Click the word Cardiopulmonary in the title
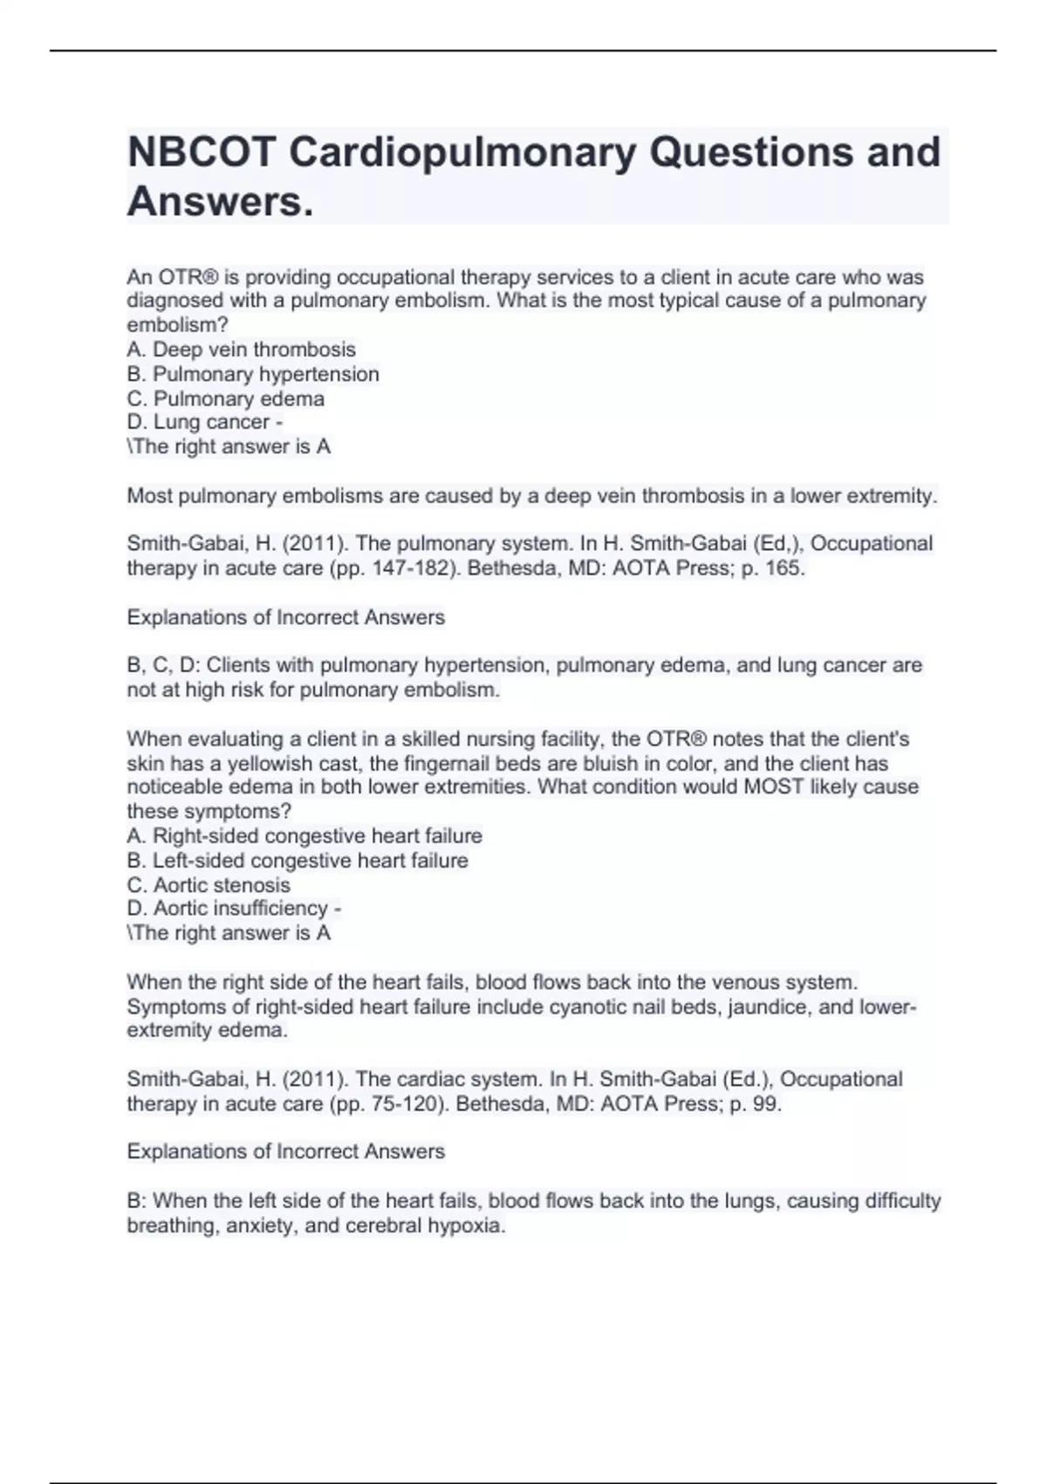point(462,153)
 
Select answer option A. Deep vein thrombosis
point(241,349)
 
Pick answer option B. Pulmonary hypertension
point(253,374)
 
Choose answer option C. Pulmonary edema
point(226,398)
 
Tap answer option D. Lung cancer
point(198,423)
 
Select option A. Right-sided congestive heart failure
point(305,835)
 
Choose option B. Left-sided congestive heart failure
point(298,860)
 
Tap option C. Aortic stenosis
point(209,884)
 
